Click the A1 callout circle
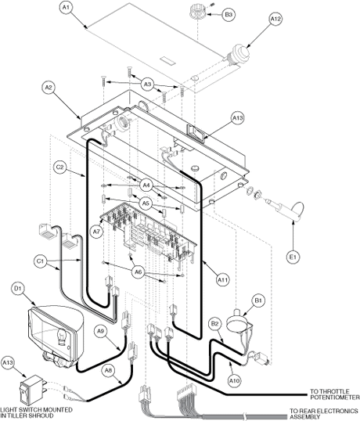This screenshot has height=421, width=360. (66, 8)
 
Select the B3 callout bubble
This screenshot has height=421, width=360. (229, 15)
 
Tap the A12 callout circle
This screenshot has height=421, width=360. (275, 19)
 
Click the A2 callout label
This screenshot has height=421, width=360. (49, 88)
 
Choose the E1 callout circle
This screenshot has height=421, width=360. (293, 257)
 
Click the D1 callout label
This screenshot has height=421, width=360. (18, 289)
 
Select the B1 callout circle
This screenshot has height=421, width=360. (258, 300)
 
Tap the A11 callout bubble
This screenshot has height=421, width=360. (222, 280)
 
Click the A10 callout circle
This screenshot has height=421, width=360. (235, 380)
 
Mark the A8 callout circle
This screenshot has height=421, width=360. (109, 371)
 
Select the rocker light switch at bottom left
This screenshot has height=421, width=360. (31, 387)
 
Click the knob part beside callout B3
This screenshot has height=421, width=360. (198, 11)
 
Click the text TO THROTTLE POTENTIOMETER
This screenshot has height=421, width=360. (335, 394)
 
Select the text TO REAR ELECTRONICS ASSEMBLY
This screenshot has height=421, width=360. (323, 414)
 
